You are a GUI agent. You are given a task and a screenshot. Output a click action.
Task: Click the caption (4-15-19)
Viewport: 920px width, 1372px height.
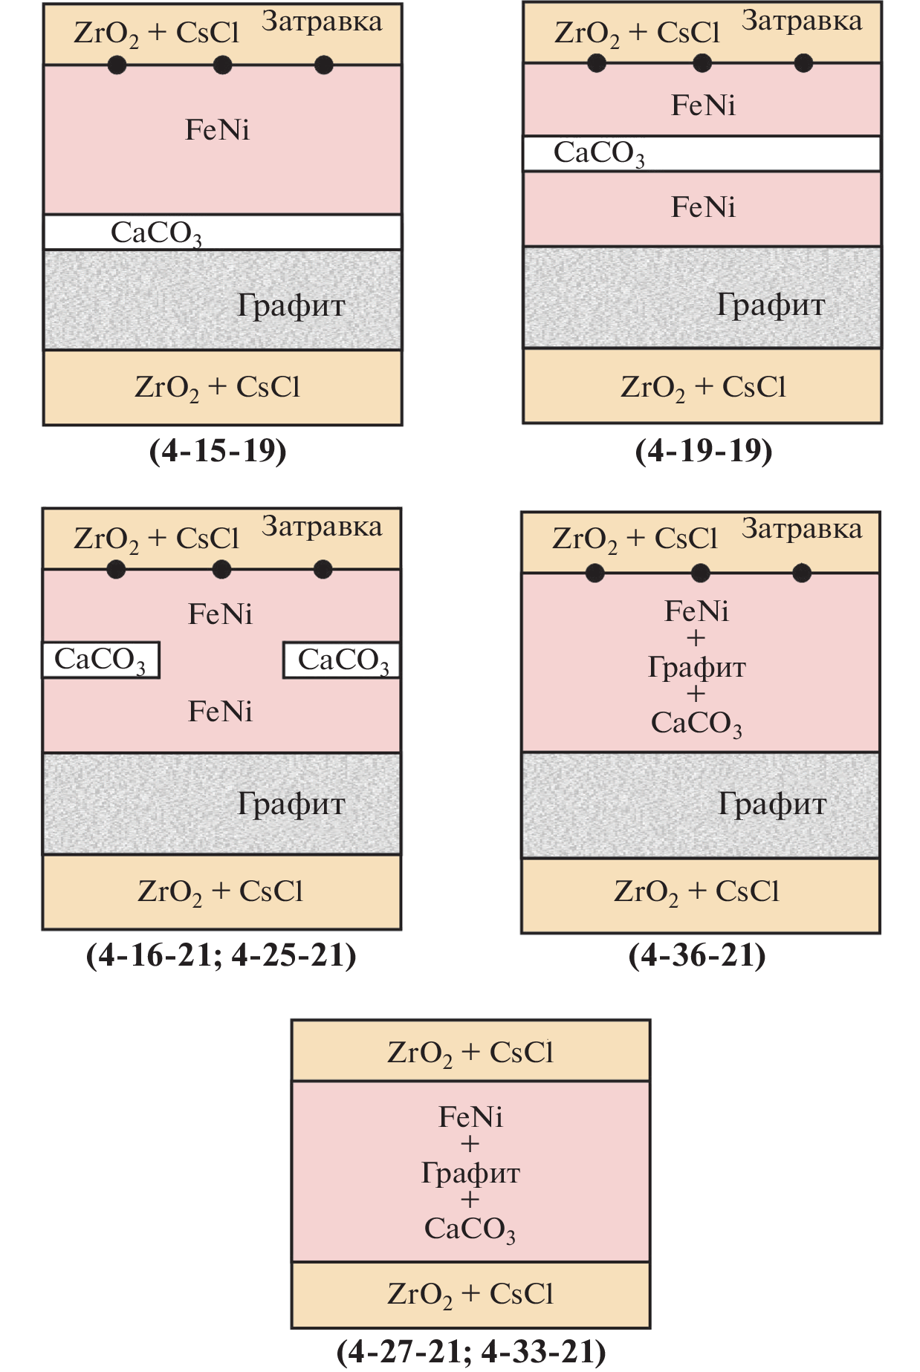(218, 451)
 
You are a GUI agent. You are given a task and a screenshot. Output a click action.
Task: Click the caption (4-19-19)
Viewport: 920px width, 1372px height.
(703, 451)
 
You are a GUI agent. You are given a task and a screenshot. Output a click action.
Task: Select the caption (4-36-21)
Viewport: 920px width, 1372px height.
(696, 955)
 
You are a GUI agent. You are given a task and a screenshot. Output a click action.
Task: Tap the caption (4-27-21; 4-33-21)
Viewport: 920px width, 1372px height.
(471, 1351)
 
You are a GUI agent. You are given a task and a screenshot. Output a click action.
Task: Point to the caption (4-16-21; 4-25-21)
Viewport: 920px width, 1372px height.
(221, 955)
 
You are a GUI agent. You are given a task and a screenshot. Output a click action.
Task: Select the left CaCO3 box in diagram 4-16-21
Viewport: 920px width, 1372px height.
(100, 660)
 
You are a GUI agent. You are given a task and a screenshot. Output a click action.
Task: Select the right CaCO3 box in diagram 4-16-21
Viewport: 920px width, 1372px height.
(342, 660)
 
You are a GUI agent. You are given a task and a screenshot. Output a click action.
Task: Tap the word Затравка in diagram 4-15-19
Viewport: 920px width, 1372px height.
(322, 22)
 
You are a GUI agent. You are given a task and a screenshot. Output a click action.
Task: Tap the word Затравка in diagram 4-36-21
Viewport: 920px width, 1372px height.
(802, 529)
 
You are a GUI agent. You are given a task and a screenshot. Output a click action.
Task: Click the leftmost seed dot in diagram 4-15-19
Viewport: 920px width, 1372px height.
(117, 65)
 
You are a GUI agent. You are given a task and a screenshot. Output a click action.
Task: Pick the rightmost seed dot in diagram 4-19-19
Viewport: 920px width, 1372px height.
(803, 63)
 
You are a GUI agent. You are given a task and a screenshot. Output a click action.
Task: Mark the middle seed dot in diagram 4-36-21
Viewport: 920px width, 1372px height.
(700, 573)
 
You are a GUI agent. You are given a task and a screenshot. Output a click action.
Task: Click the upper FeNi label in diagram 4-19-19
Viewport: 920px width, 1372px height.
(703, 105)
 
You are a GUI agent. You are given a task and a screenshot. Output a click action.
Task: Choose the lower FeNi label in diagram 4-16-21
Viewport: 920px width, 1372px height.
(220, 712)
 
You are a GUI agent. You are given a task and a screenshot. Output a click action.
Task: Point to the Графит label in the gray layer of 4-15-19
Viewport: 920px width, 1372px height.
(291, 305)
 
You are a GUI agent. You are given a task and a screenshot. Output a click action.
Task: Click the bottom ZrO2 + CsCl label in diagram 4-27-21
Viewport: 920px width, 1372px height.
(470, 1294)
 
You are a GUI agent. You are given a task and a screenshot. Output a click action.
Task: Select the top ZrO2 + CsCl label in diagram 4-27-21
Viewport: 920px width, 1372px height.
(470, 1053)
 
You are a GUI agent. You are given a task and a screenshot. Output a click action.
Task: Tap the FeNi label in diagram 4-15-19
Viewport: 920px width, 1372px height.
(217, 130)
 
